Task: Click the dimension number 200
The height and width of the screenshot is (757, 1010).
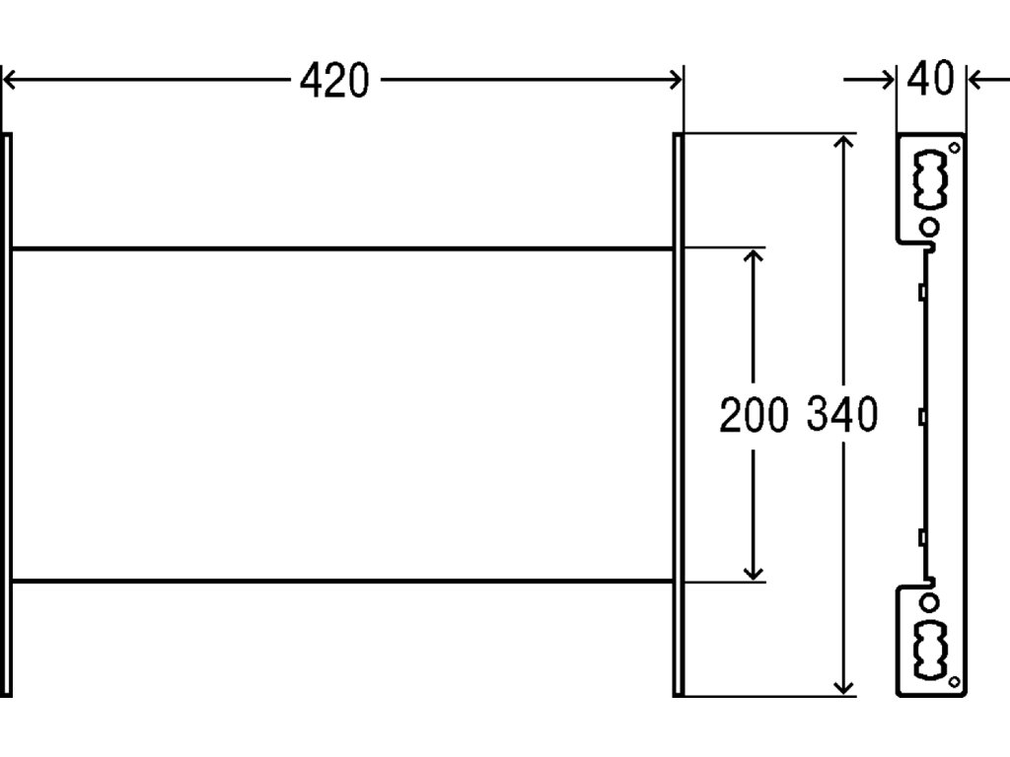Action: (754, 416)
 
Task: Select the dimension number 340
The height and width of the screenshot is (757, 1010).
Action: (841, 416)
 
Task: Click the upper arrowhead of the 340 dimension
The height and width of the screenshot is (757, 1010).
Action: (842, 145)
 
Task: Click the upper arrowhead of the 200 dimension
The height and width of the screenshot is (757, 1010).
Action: (754, 258)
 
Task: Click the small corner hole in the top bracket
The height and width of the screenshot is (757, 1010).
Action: (954, 148)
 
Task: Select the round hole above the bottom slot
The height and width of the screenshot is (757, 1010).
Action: (929, 601)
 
